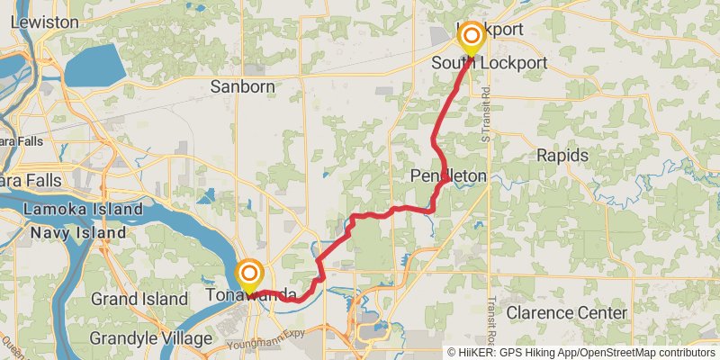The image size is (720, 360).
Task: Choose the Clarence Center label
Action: coord(566,312)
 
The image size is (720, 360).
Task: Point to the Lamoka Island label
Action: coord(84,210)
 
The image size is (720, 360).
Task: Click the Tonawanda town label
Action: coord(251,294)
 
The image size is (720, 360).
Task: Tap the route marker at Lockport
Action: coord(471,37)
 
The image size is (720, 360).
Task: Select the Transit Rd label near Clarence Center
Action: coord(491,316)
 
